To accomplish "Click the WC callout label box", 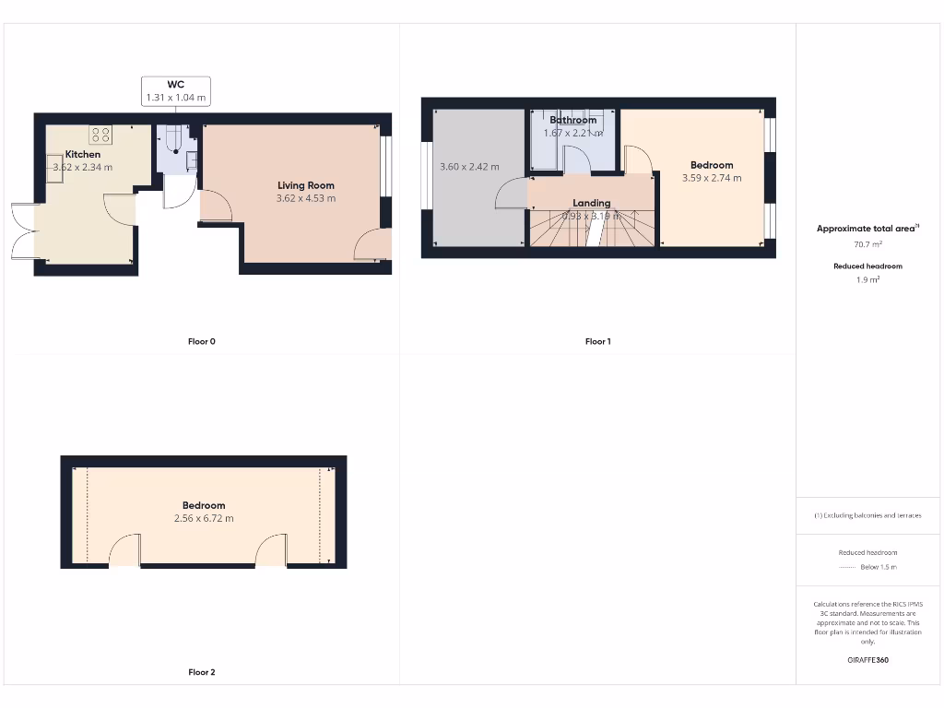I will coord(175,90).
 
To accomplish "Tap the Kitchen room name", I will coord(82,155).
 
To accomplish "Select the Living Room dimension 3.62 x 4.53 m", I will coord(306,198).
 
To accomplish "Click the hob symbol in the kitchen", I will coord(100,135).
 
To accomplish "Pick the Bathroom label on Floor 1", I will coord(572,120).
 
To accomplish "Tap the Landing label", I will coord(591,203).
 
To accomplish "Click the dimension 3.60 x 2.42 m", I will coord(469,167).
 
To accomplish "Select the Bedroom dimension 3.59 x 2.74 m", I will coord(712,178).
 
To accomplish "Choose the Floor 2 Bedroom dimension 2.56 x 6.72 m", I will coord(204,518).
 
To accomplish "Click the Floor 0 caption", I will coord(201,342).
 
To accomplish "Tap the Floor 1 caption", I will coord(597,342).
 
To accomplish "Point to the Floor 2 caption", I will coord(201,673).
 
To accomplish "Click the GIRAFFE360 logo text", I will coord(867,660).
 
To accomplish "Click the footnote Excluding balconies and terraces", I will coord(867,516).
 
